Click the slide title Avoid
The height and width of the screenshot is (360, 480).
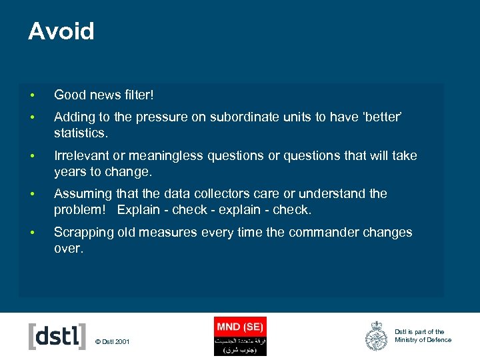point(61,31)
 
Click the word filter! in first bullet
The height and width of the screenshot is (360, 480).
point(137,95)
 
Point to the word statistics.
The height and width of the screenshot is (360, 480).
point(80,133)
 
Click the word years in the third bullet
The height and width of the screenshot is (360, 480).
point(69,171)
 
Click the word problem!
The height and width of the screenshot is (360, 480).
point(80,209)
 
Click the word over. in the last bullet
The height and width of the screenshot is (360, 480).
point(69,248)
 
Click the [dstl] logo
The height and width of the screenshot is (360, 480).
point(57,336)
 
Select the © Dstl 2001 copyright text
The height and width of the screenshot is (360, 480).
point(113,342)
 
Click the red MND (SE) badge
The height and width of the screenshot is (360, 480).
point(240,327)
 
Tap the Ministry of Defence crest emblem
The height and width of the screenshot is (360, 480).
point(376,336)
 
